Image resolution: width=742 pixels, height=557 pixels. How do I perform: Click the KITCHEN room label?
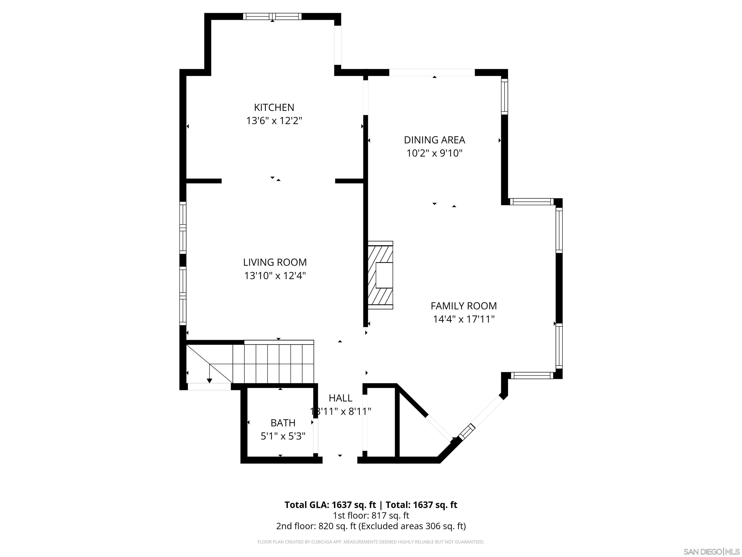click(x=274, y=107)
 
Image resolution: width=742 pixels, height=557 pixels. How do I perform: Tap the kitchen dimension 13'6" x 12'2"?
click(x=274, y=121)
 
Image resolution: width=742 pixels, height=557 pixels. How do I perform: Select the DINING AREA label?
click(x=434, y=140)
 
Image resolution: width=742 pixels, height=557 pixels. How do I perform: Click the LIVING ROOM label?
click(x=275, y=262)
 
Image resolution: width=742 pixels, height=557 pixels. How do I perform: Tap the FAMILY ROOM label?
click(x=464, y=306)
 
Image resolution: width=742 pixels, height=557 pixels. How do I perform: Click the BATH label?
click(x=283, y=423)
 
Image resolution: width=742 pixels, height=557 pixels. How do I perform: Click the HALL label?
click(x=340, y=398)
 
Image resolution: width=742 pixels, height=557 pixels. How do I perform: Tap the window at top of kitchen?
click(x=272, y=16)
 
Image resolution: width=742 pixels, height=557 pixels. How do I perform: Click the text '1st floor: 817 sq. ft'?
click(x=371, y=515)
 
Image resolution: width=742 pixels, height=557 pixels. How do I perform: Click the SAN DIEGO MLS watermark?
click(x=711, y=552)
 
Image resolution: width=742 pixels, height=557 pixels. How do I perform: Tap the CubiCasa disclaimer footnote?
click(x=371, y=542)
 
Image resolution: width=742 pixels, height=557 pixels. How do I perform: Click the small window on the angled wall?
click(x=467, y=432)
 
